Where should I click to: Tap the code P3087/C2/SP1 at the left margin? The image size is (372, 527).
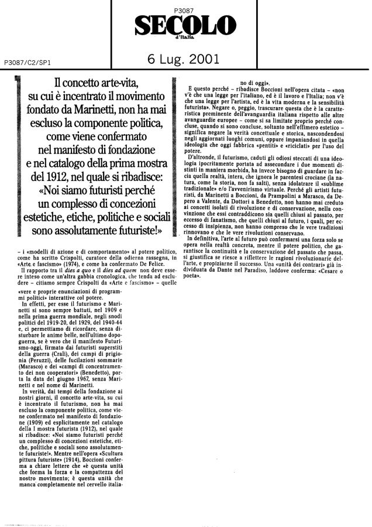27,61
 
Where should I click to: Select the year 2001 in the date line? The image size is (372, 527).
202,59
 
